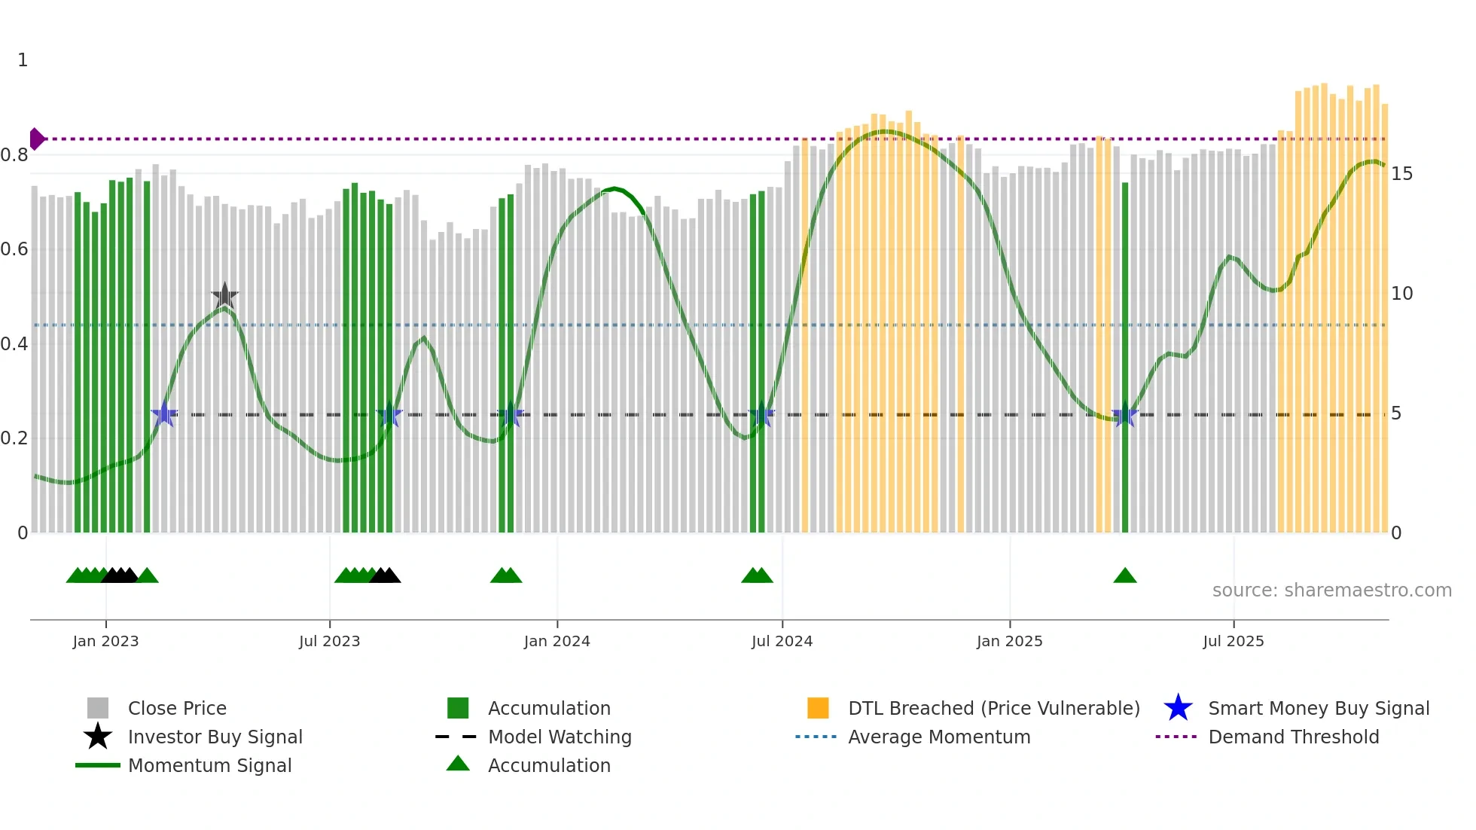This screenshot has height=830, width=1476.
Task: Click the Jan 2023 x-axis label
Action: [x=105, y=641]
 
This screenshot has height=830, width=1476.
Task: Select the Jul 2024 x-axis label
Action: [x=782, y=641]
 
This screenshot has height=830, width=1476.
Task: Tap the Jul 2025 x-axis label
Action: [x=1233, y=641]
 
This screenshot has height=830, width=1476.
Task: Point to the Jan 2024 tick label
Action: [x=557, y=641]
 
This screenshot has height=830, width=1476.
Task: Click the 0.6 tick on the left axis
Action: [x=14, y=249]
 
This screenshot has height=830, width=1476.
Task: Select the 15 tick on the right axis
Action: [x=1401, y=174]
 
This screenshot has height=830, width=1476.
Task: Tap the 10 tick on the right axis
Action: [x=1401, y=294]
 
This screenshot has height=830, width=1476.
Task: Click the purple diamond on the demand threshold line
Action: [x=36, y=139]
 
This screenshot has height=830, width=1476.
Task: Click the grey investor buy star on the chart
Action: [x=224, y=296]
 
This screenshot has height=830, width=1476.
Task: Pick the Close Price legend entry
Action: [x=176, y=708]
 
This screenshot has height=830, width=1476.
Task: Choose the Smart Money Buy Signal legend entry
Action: [x=1318, y=708]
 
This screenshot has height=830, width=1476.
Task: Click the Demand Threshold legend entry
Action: [x=1293, y=737]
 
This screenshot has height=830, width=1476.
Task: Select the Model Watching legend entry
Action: [x=559, y=737]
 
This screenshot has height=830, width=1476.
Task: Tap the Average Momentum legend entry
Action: [x=938, y=737]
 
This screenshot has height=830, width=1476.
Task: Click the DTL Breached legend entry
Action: [x=993, y=708]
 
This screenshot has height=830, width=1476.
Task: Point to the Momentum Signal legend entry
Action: [x=209, y=765]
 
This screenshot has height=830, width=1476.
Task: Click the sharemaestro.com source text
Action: [x=1331, y=590]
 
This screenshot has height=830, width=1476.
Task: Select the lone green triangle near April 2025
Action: [x=1124, y=576]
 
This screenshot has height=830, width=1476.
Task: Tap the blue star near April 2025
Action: [x=1124, y=415]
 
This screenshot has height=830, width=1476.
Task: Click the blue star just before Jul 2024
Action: [x=761, y=415]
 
